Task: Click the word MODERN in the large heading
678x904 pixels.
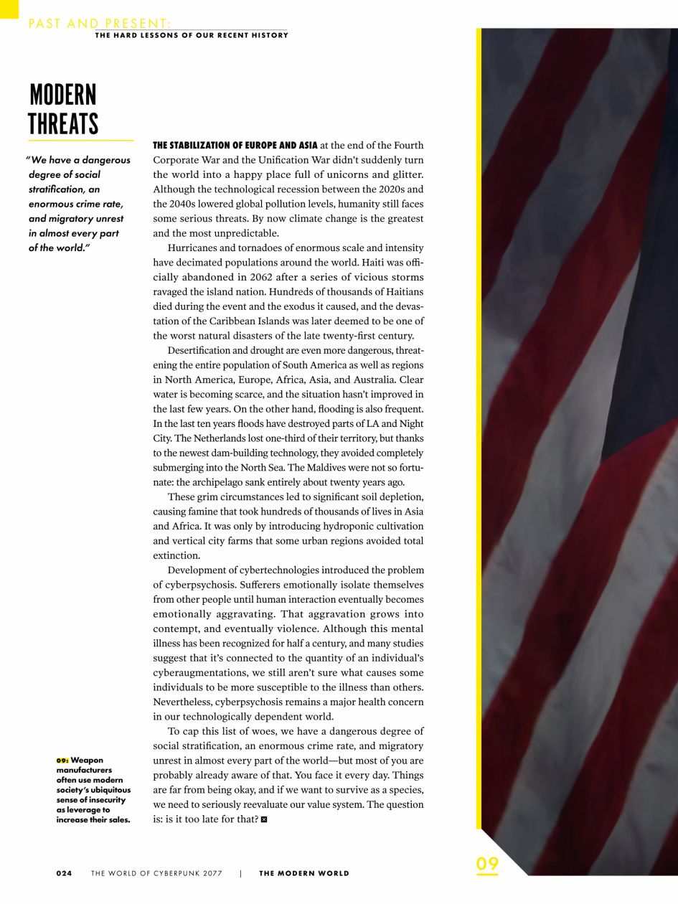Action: click(63, 95)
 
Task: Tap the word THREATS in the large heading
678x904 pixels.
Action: click(63, 123)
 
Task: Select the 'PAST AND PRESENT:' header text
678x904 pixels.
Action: click(100, 24)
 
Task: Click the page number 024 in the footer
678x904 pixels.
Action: click(65, 873)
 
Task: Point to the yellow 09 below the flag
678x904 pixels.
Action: click(487, 864)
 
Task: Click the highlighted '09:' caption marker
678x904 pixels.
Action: click(62, 760)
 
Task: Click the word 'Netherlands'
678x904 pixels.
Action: click(297, 438)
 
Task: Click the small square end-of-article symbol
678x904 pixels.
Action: click(264, 819)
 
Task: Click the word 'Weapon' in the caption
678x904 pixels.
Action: click(87, 760)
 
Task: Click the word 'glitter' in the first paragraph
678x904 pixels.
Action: click(405, 174)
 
